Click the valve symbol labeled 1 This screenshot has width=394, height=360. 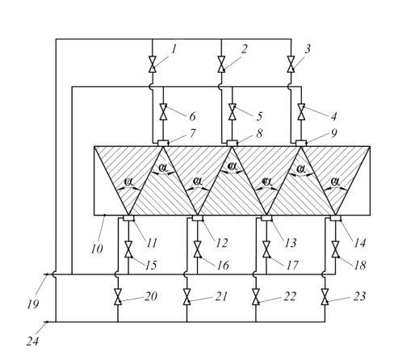click(x=153, y=65)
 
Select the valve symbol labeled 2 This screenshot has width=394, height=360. click(x=221, y=65)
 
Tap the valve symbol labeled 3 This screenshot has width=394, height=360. click(x=291, y=65)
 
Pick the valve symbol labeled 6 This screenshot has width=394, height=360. click(x=163, y=111)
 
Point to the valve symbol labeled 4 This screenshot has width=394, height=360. click(x=301, y=111)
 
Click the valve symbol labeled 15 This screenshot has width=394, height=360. click(x=128, y=249)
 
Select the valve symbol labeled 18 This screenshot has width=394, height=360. click(x=335, y=249)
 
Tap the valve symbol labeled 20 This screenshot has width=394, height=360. click(x=118, y=297)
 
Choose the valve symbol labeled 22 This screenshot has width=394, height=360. click(x=256, y=297)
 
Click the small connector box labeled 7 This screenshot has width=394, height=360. click(x=163, y=143)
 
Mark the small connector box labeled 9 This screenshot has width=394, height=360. click(x=301, y=143)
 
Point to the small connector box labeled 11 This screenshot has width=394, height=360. click(x=128, y=218)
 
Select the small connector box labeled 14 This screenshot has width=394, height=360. click(x=336, y=218)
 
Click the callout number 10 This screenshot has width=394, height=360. click(x=97, y=249)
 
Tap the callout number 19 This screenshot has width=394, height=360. click(x=33, y=304)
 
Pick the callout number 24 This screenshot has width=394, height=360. click(x=32, y=341)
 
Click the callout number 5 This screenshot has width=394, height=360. click(x=259, y=116)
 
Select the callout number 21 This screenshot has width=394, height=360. click(x=221, y=296)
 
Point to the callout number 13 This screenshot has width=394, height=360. click(x=291, y=243)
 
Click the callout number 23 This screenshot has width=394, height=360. click(x=359, y=296)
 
